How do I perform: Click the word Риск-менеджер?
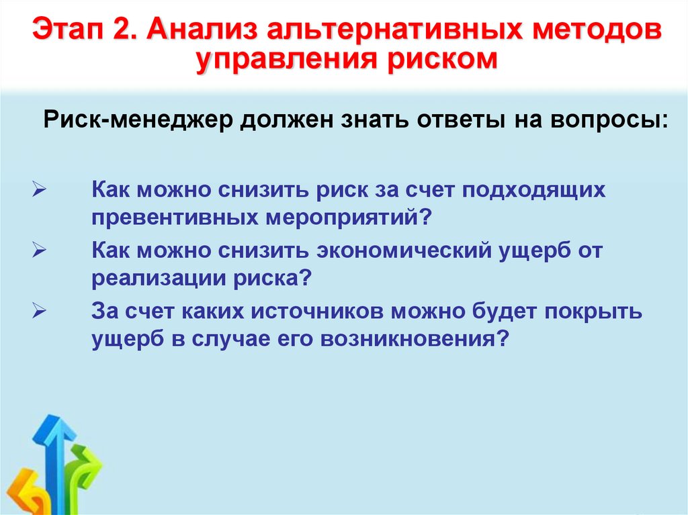(x=136, y=122)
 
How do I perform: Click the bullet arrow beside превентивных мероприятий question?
(x=39, y=191)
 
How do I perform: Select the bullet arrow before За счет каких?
(x=39, y=313)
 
